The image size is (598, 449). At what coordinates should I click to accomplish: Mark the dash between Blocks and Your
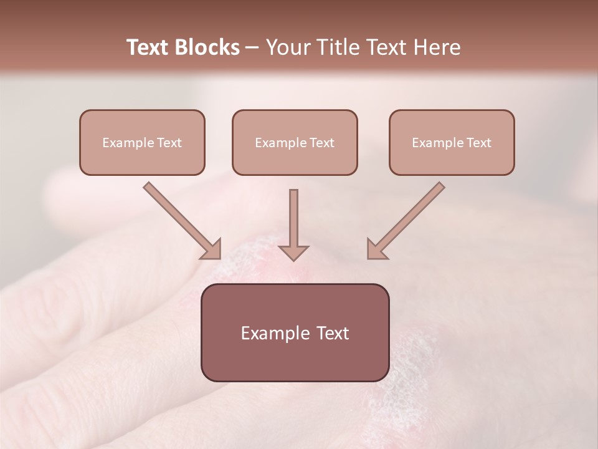pos(252,48)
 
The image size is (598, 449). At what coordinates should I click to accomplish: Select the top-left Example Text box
pos(142,142)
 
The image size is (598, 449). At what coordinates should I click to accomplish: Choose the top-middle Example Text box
pos(295,142)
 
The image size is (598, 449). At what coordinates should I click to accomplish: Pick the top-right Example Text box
pos(452,142)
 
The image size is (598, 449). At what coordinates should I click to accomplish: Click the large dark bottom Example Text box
pos(295,332)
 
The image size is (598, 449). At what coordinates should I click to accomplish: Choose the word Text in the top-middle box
pos(321,143)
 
